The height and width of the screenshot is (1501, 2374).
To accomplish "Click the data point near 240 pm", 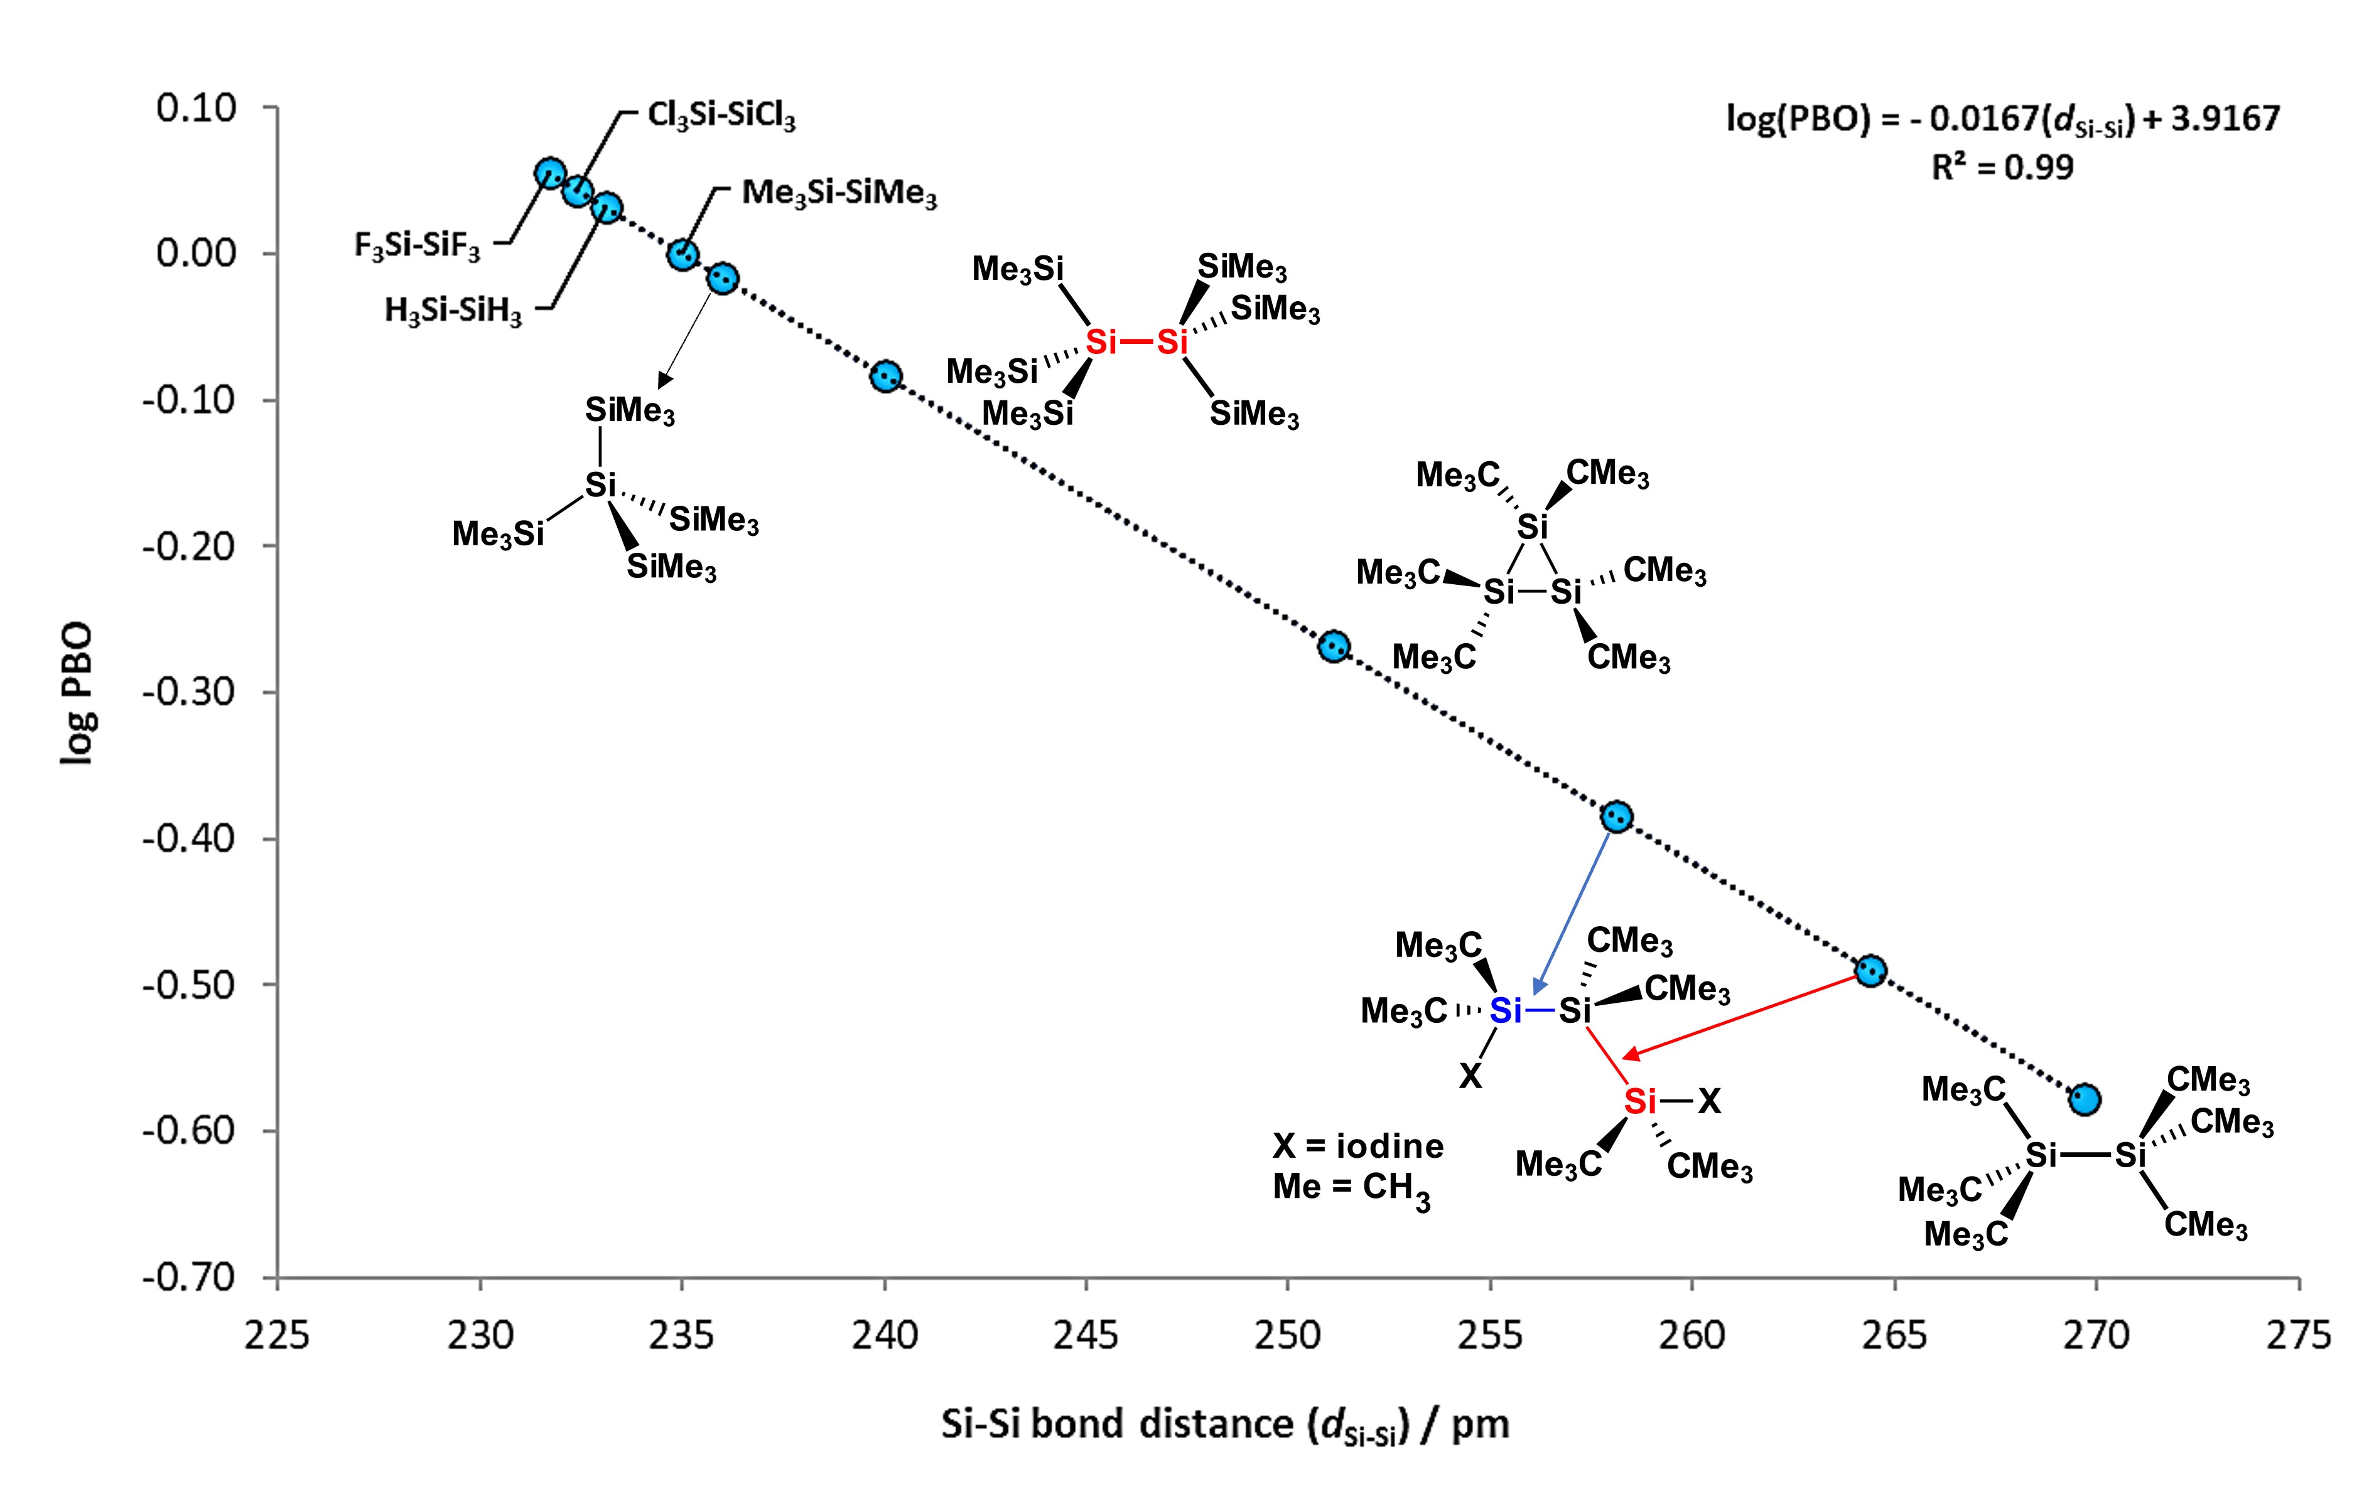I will [x=885, y=375].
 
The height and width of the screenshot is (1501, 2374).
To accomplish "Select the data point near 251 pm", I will [x=1333, y=646].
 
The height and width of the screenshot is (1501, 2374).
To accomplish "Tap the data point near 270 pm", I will [x=2083, y=1099].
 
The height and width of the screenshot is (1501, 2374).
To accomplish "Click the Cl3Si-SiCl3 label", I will [x=721, y=116].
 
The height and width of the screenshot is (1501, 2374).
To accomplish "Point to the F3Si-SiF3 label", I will [x=417, y=245].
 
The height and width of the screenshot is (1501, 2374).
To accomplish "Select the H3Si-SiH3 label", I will [x=453, y=311].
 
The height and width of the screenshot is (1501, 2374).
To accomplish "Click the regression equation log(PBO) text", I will [x=2001, y=119].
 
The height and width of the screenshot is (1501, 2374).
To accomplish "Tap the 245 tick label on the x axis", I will [x=1086, y=1335].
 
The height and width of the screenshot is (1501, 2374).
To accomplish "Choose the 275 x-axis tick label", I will [x=2298, y=1335].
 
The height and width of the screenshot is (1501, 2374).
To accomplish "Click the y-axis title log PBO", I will [x=77, y=693].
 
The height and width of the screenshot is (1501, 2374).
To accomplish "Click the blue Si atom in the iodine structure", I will [x=1504, y=1010].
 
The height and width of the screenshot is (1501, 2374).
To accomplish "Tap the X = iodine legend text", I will [x=1357, y=1146].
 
